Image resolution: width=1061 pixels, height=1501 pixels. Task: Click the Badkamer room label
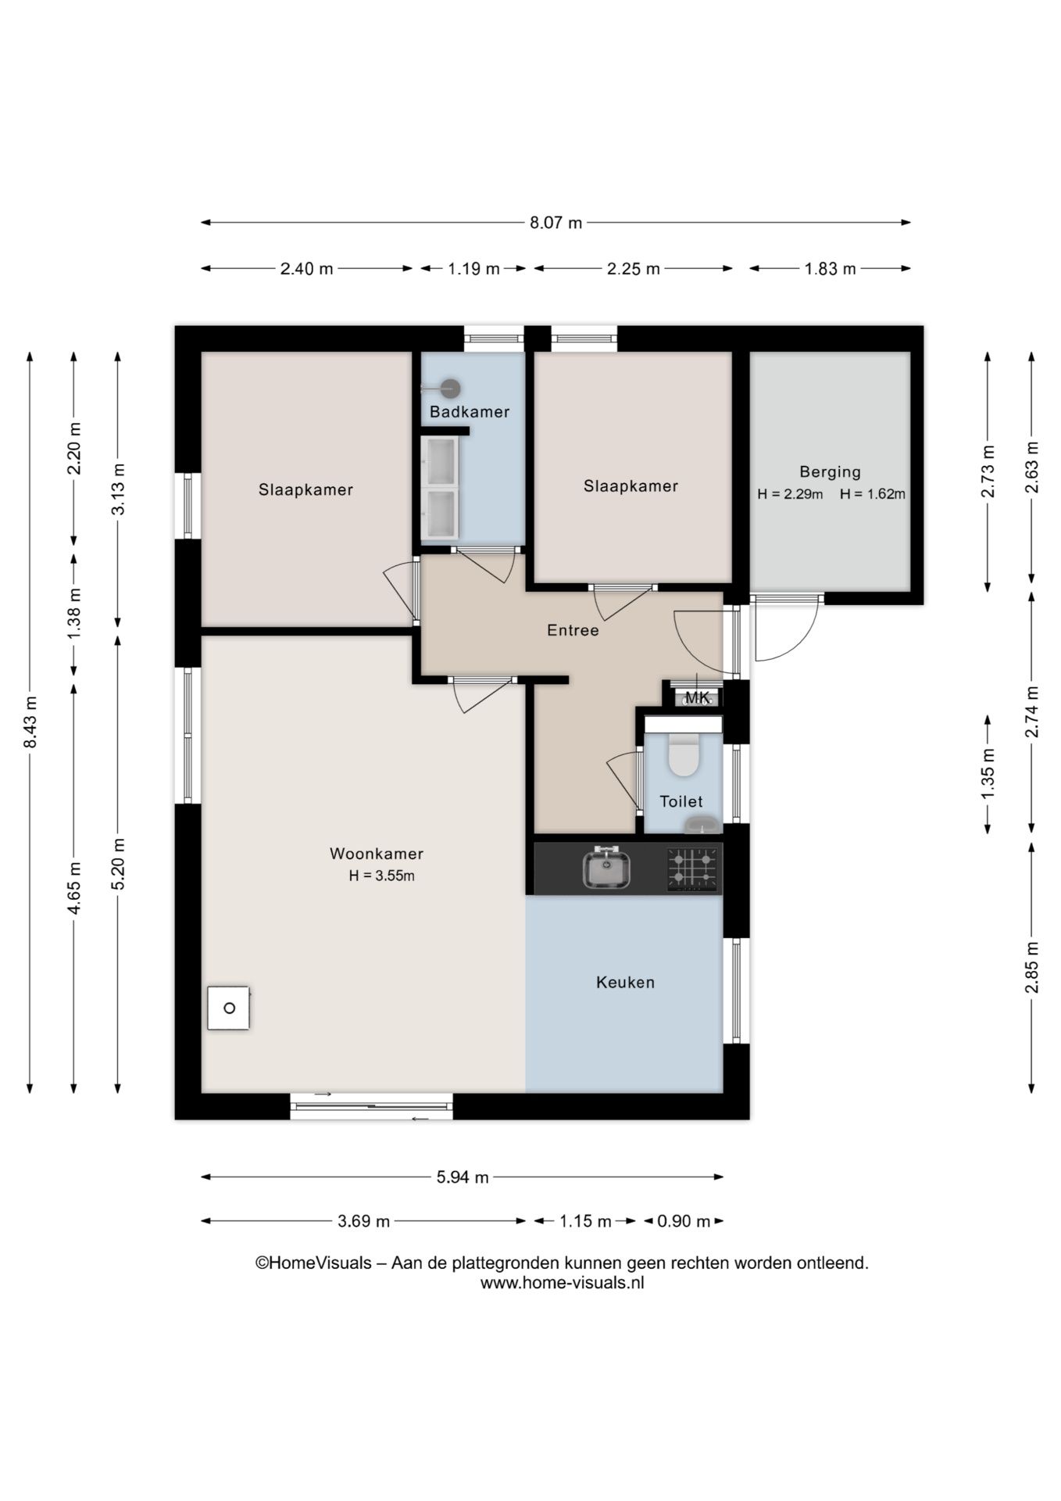click(x=469, y=412)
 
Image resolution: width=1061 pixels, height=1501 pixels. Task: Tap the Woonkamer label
click(x=377, y=854)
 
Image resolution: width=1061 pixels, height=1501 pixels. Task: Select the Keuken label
click(x=625, y=983)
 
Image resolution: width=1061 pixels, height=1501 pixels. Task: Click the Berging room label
click(x=830, y=472)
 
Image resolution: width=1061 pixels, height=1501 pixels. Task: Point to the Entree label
click(x=573, y=630)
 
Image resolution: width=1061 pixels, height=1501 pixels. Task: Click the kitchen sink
click(x=607, y=868)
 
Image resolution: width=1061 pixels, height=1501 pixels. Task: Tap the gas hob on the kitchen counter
click(x=693, y=869)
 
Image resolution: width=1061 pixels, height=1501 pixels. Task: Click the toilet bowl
click(x=684, y=755)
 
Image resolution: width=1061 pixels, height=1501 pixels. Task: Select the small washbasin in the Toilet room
click(x=702, y=825)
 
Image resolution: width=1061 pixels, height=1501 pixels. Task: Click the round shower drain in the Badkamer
click(x=450, y=389)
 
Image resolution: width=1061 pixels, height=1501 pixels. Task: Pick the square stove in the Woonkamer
click(x=229, y=1008)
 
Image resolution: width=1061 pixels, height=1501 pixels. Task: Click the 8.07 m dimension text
click(x=556, y=223)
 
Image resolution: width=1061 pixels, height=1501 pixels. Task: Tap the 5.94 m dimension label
click(x=463, y=1177)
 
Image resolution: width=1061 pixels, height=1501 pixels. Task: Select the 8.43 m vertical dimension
click(x=30, y=722)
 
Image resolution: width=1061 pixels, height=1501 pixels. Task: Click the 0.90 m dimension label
click(x=684, y=1221)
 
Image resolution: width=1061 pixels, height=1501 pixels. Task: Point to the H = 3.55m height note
click(x=381, y=876)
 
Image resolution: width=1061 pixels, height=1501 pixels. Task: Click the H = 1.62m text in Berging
click(x=873, y=494)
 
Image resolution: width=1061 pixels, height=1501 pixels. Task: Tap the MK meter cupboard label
click(x=697, y=697)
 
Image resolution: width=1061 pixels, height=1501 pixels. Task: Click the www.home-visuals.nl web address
click(x=562, y=1283)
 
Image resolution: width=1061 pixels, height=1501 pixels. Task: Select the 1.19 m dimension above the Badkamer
click(x=473, y=269)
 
